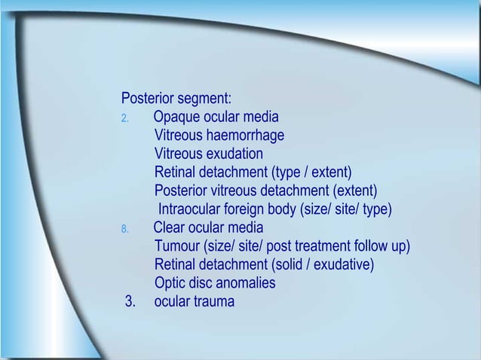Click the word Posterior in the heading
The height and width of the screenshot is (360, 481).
click(x=146, y=99)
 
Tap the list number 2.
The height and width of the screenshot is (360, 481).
click(x=125, y=118)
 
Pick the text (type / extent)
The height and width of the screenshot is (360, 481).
click(x=311, y=172)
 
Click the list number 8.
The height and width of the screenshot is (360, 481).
click(x=125, y=228)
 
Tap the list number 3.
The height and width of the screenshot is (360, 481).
click(x=130, y=302)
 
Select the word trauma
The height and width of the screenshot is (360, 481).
click(x=213, y=302)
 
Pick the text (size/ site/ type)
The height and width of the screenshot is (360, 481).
click(x=346, y=209)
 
